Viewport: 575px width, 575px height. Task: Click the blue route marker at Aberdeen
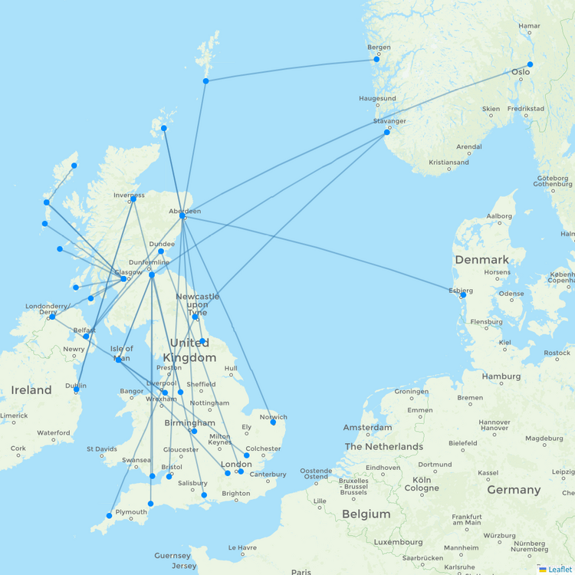click(x=182, y=216)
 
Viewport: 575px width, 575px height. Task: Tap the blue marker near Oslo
click(x=530, y=64)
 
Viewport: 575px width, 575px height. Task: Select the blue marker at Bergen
click(x=376, y=59)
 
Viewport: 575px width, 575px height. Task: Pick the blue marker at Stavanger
click(x=387, y=133)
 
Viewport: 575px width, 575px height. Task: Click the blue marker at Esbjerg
click(x=462, y=295)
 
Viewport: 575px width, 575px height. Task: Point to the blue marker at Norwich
click(x=273, y=422)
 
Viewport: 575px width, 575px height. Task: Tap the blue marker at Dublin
click(x=77, y=390)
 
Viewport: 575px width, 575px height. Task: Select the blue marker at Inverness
click(x=133, y=199)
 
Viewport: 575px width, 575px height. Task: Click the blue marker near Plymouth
click(x=109, y=516)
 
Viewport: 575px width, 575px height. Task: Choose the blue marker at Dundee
click(x=161, y=251)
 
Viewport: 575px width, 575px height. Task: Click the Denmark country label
click(x=481, y=259)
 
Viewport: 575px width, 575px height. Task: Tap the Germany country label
click(x=514, y=490)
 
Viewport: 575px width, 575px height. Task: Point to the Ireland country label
click(x=31, y=390)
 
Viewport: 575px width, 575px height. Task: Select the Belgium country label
click(x=365, y=514)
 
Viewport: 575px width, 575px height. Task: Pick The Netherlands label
click(x=383, y=446)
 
